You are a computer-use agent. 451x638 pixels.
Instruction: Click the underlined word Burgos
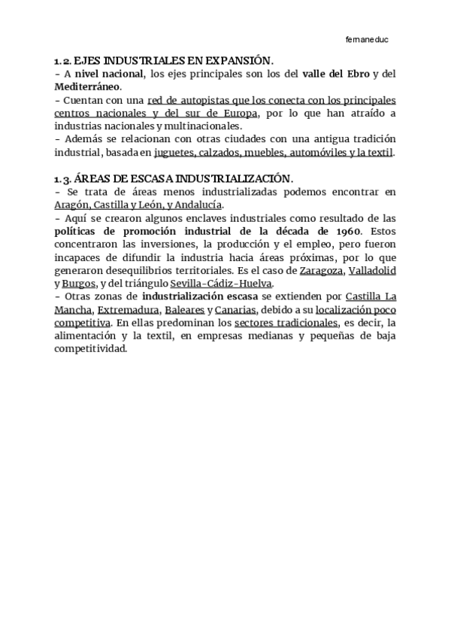click(x=78, y=284)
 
